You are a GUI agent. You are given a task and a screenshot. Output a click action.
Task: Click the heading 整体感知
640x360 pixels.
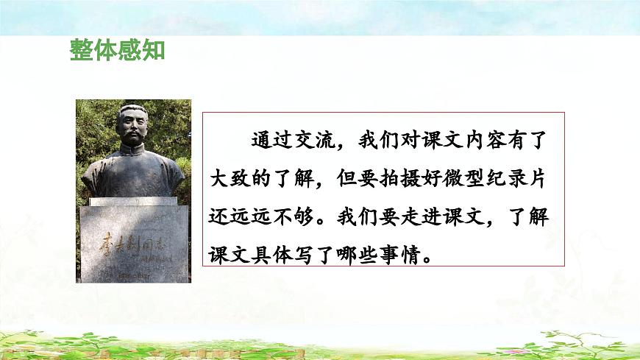(117, 52)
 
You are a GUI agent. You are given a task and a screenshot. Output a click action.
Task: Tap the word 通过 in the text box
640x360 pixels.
(273, 140)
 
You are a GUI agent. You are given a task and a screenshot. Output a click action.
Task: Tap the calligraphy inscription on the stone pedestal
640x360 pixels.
(132, 242)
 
